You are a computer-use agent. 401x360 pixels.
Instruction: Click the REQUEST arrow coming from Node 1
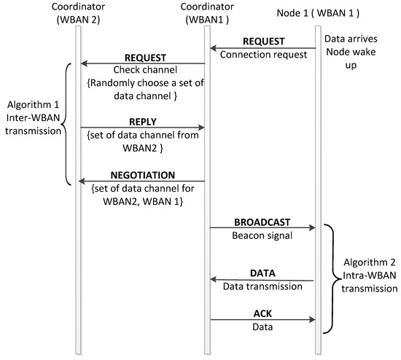(263, 49)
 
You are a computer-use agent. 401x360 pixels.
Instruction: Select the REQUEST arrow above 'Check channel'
(142, 63)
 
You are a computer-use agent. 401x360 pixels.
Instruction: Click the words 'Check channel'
(142, 71)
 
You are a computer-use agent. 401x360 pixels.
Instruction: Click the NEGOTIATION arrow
(142, 183)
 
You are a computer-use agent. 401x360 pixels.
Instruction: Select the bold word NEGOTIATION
(142, 176)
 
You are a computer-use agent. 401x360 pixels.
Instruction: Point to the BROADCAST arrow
(263, 227)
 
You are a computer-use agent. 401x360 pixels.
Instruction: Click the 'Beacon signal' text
(263, 235)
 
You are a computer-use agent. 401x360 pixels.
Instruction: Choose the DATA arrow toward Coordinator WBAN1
(263, 279)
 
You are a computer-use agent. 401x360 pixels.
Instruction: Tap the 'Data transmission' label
(263, 287)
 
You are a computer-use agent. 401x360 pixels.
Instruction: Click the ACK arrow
(263, 318)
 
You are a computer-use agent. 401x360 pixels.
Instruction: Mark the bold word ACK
(263, 311)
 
